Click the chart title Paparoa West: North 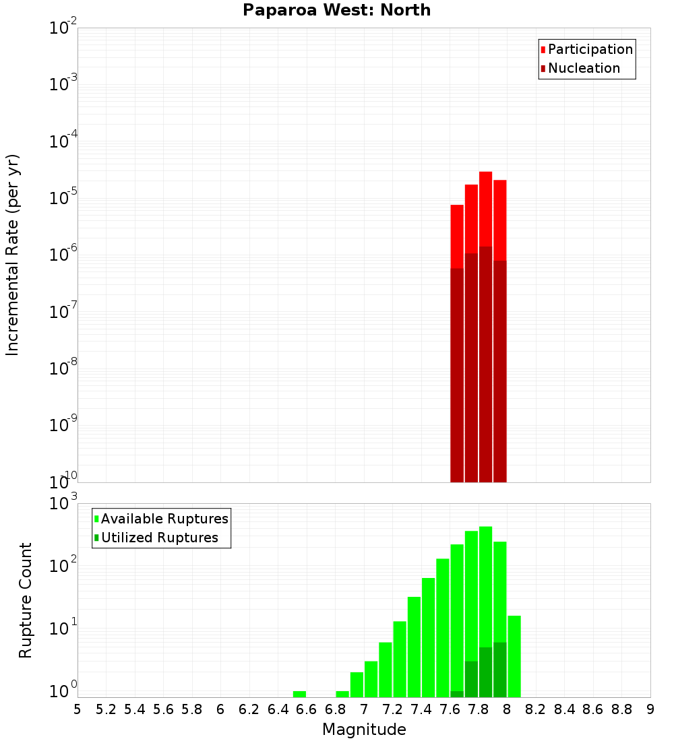pyautogui.click(x=336, y=10)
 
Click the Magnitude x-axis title pyautogui.click(x=364, y=730)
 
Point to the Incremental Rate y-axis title pyautogui.click(x=13, y=255)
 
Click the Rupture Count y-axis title pyautogui.click(x=26, y=600)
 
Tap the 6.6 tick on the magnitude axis pyautogui.click(x=307, y=709)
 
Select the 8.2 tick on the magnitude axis pyautogui.click(x=536, y=709)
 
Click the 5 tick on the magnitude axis pyautogui.click(x=78, y=709)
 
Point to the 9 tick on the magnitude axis pyautogui.click(x=650, y=709)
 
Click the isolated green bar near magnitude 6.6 pyautogui.click(x=299, y=694)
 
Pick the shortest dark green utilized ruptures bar pyautogui.click(x=457, y=694)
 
